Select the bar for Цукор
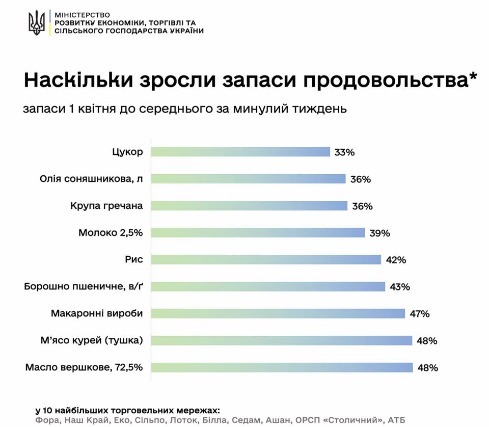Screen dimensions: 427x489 click(x=241, y=152)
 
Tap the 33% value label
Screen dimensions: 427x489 click(x=344, y=152)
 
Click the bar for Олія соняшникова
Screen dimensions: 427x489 click(x=249, y=179)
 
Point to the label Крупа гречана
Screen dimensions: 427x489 click(x=107, y=206)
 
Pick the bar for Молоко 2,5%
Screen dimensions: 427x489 click(x=258, y=233)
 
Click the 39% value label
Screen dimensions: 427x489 click(x=379, y=233)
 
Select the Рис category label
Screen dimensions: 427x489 click(x=133, y=259)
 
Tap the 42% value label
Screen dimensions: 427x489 click(x=396, y=260)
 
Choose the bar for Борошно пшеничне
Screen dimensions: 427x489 click(x=268, y=286)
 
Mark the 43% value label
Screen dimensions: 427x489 click(x=400, y=287)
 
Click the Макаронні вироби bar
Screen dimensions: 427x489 click(x=278, y=313)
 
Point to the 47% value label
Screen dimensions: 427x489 click(x=420, y=314)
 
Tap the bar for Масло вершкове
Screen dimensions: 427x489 click(x=282, y=367)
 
